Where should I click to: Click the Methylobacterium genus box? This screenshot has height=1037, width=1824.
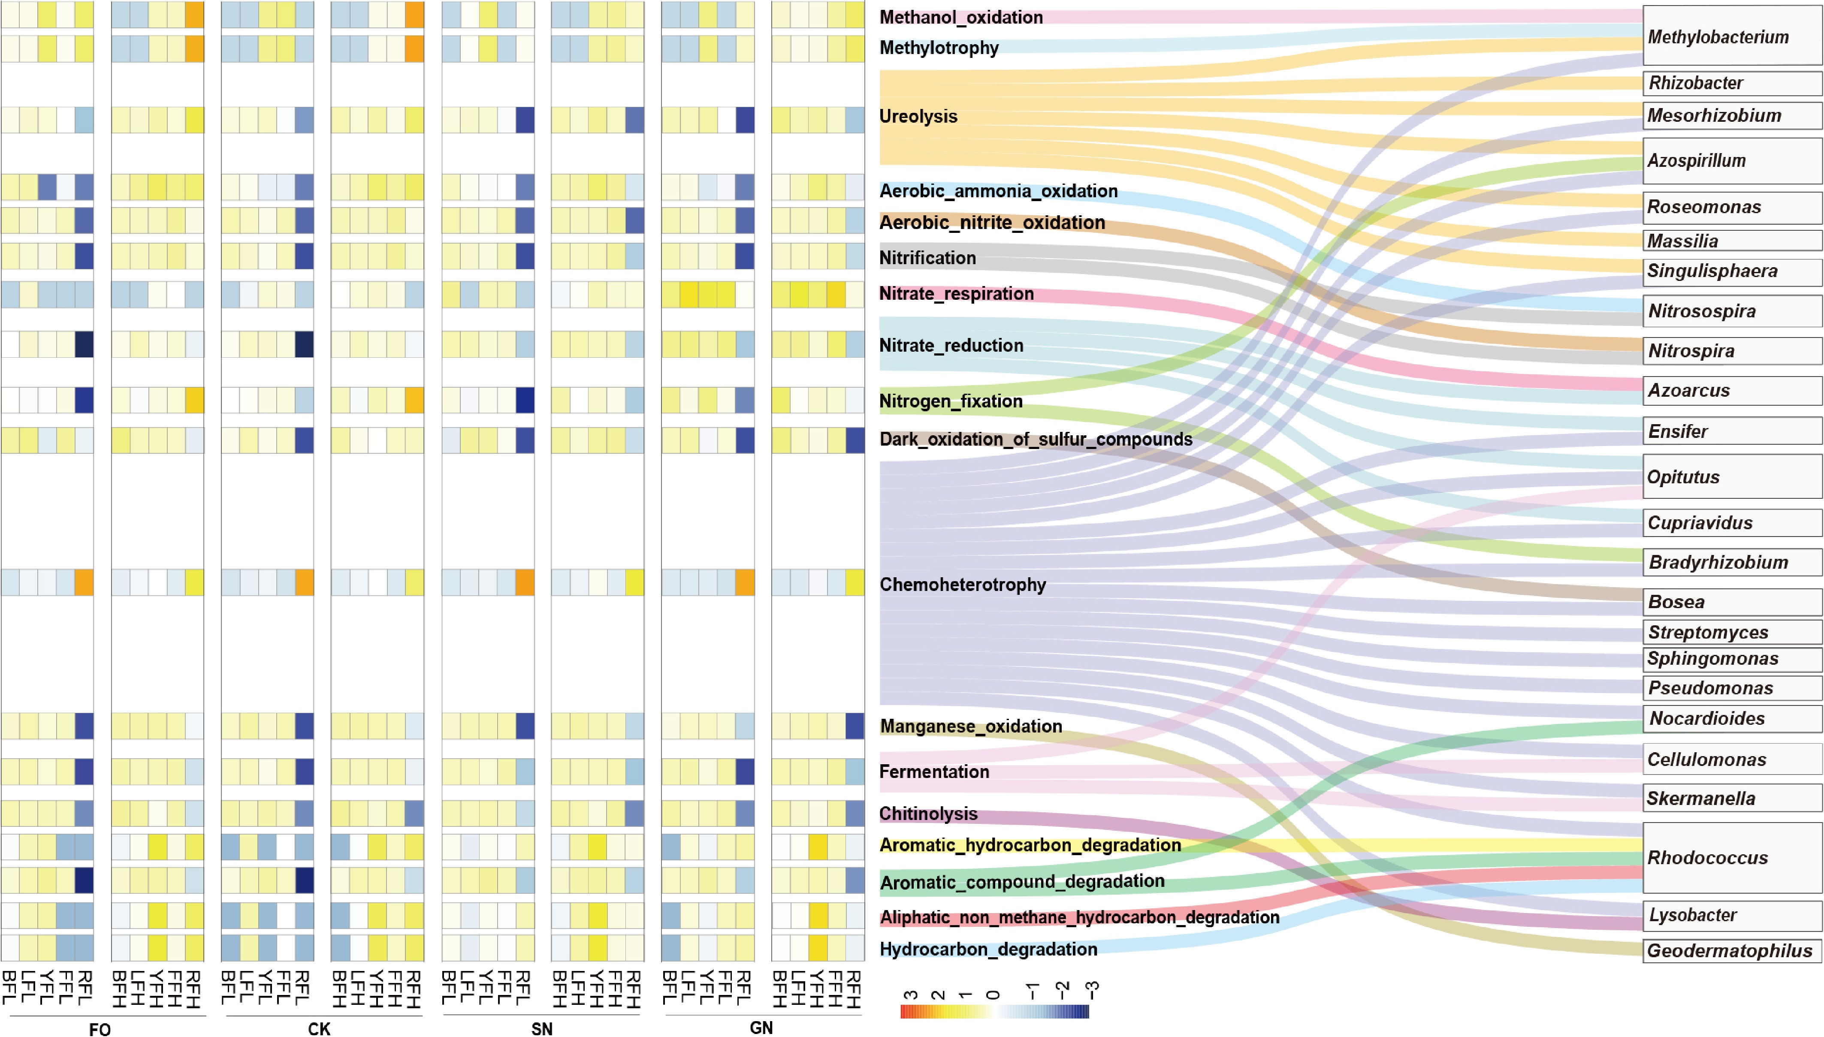pyautogui.click(x=1732, y=36)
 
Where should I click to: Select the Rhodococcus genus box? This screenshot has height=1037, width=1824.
pyautogui.click(x=1732, y=858)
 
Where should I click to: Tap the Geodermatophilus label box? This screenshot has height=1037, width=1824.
pyautogui.click(x=1732, y=951)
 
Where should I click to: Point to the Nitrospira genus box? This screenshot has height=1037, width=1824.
pyautogui.click(x=1732, y=350)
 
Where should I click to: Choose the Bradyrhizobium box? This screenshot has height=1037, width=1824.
pyautogui.click(x=1732, y=562)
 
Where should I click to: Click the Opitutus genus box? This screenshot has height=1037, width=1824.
pyautogui.click(x=1732, y=476)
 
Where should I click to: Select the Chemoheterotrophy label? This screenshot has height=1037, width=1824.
pyautogui.click(x=962, y=585)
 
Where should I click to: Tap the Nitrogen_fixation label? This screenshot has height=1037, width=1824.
pyautogui.click(x=951, y=401)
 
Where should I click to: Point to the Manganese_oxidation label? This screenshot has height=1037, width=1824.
pyautogui.click(x=971, y=727)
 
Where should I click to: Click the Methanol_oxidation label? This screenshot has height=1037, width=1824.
pyautogui.click(x=961, y=17)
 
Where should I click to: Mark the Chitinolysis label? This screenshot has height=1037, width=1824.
pyautogui.click(x=928, y=814)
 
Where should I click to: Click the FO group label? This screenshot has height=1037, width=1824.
pyautogui.click(x=100, y=1028)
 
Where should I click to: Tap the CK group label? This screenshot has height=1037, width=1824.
pyautogui.click(x=319, y=1028)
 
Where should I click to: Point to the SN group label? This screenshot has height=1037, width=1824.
pyautogui.click(x=541, y=1028)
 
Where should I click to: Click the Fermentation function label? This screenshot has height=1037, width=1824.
pyautogui.click(x=934, y=772)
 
